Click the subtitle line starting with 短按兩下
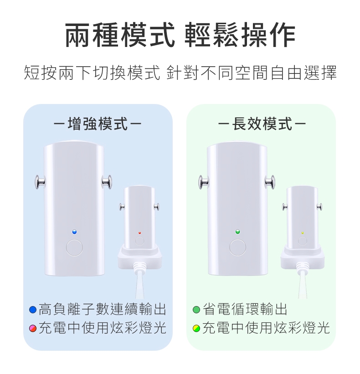point(180,73)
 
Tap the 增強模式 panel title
point(98,124)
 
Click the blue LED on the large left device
point(74,232)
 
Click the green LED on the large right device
point(237,232)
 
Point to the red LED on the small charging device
point(140,233)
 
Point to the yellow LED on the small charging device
point(302,233)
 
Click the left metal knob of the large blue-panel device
point(40,182)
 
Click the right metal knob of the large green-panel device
point(271,182)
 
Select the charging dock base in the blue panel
point(139,259)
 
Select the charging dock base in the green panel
point(302,259)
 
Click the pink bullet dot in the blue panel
point(32,328)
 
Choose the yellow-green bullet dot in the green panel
point(196,328)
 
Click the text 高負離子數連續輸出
point(102,310)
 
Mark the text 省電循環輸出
point(245,310)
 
